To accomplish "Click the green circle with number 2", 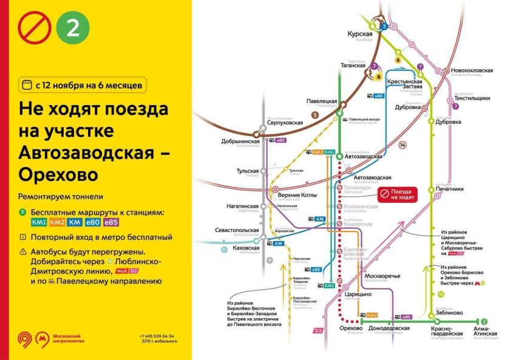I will point(72,29).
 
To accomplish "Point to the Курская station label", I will point(359,35).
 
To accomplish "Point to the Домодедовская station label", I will point(389,328).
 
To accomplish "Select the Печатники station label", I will point(449,189).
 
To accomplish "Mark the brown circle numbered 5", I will point(315,115).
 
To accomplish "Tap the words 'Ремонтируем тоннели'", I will point(61,196).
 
